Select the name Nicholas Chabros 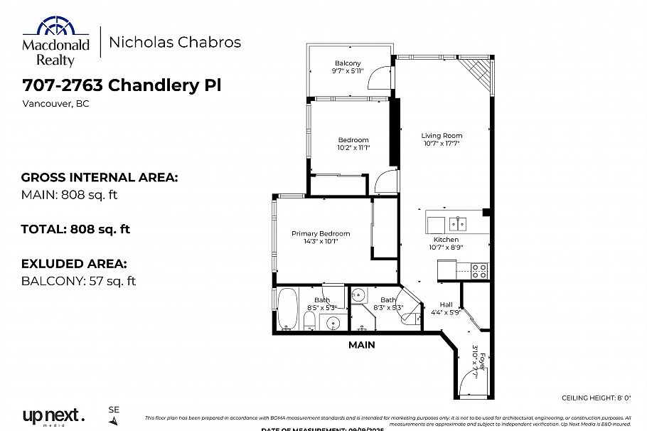coord(174,43)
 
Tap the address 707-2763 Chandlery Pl coord(122,86)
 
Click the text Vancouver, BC coord(55,104)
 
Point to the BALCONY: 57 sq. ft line coord(78,281)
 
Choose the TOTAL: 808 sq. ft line coord(75,229)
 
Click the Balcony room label coord(348,63)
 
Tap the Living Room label coord(442,135)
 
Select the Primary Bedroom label coord(321,233)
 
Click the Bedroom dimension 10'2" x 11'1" coord(353,148)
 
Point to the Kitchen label coord(446,240)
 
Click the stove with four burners coord(480,270)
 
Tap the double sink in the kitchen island coord(457,224)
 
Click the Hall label coord(446,304)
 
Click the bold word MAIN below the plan coord(361,345)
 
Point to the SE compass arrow coord(114,421)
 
